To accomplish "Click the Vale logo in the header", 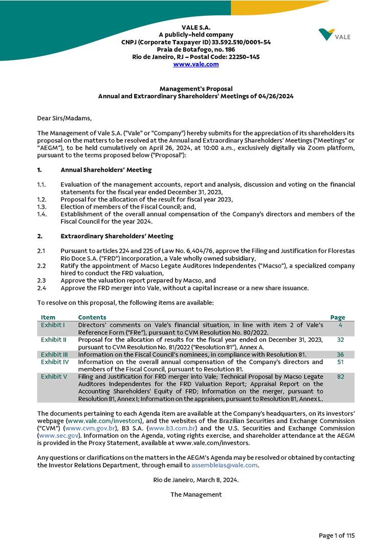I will coord(334,35).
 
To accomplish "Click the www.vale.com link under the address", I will coord(196,64).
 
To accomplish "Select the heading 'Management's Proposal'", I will coord(196,88).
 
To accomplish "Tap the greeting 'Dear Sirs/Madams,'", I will coord(64,119).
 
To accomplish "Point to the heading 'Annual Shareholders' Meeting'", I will coord(106,170).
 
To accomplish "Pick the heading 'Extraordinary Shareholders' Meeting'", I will coord(117,236).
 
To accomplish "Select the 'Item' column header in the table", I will coord(48,317).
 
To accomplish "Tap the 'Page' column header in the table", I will coord(338,317).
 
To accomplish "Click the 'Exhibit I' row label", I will coord(53,325).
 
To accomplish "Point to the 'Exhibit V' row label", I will coord(54,376).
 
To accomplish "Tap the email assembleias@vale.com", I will coord(224,465).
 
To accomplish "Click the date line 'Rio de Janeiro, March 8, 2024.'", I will coord(196,480).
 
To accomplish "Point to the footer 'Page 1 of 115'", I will coord(337,536).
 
